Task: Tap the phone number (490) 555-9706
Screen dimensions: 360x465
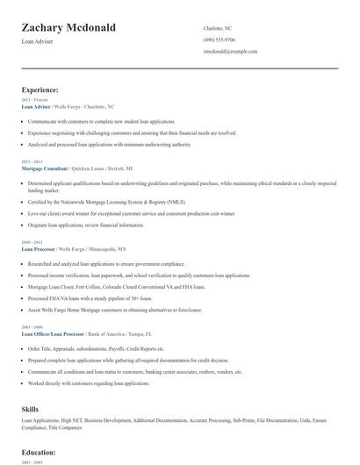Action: coord(219,39)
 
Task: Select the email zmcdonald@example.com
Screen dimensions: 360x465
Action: coord(230,52)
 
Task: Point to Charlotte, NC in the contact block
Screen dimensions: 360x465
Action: coord(218,28)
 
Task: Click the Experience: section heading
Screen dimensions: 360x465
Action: coord(40,89)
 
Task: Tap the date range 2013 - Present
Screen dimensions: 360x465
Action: coord(32,100)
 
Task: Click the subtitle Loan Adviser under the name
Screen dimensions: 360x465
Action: coord(37,42)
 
